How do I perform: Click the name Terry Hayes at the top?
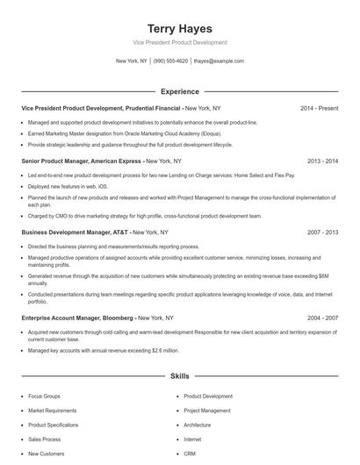point(179,28)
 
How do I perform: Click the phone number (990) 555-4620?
point(170,61)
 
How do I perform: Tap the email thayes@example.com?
point(219,61)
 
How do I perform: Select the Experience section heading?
point(179,91)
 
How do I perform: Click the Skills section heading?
point(179,376)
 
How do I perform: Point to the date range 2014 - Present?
point(319,108)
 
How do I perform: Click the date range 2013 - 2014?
point(322,161)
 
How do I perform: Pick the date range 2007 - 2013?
point(322,232)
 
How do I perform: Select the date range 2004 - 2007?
point(322,317)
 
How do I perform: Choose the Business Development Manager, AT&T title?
point(76,232)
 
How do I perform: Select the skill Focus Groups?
point(44,397)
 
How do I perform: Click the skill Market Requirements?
point(52,411)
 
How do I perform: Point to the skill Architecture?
point(198,425)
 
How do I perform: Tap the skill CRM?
point(189,454)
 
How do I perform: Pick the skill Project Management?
point(207,411)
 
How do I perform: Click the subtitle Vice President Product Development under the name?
point(179,42)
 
